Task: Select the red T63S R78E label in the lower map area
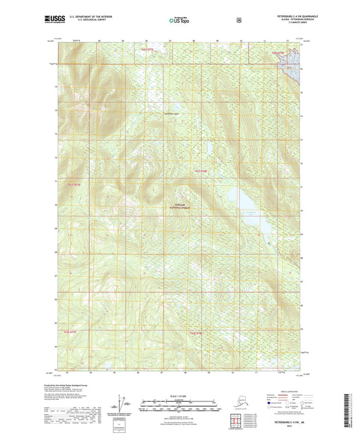(x=197, y=333)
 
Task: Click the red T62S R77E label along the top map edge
(x=147, y=49)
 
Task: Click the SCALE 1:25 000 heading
(x=179, y=395)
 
